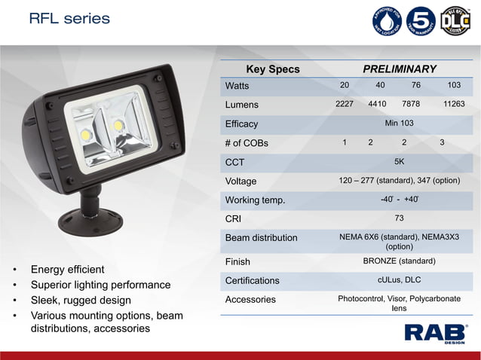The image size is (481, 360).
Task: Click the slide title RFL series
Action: tap(69, 18)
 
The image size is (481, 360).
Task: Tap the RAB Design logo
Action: tap(436, 332)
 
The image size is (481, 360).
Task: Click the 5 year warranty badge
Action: tap(421, 21)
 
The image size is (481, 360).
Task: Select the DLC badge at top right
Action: tap(455, 21)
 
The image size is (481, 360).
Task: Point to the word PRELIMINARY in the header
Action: tap(400, 69)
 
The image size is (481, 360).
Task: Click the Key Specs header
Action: tap(273, 69)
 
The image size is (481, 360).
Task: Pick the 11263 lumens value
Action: tap(454, 105)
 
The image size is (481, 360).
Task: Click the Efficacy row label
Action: tap(241, 124)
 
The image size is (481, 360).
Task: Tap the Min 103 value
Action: tap(399, 123)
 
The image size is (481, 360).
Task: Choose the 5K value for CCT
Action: tap(399, 161)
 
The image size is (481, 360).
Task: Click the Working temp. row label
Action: tap(255, 200)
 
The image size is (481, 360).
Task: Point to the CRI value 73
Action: tap(399, 218)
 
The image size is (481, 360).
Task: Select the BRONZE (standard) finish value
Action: tap(399, 261)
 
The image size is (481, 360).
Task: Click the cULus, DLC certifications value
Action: tap(399, 280)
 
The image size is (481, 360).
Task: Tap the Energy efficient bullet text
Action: tap(67, 270)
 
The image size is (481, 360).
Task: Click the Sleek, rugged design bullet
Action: tap(81, 301)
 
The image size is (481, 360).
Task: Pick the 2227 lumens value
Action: tap(344, 105)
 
